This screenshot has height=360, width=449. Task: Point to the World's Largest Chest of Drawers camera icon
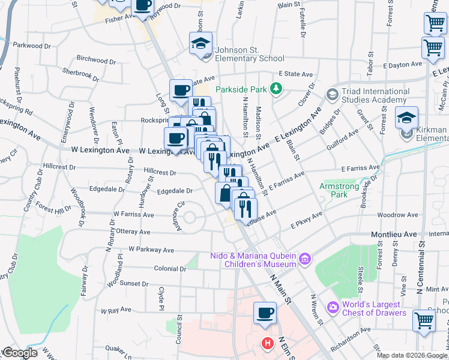[x=333, y=307]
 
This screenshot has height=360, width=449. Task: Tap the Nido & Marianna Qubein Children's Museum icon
[x=305, y=259]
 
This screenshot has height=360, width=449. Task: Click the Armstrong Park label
[x=339, y=190]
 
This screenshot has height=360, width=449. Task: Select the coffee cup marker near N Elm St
[x=265, y=313]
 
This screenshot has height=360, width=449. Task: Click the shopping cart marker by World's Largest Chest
[x=424, y=320]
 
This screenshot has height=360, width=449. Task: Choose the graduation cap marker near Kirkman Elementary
[x=406, y=118]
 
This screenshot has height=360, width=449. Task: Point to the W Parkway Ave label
[x=151, y=250]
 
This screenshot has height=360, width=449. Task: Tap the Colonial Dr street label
[x=170, y=268]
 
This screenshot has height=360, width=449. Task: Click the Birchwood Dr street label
[x=96, y=60]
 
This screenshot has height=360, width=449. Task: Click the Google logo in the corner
[x=20, y=353]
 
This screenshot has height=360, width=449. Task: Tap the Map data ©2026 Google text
[x=412, y=355]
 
